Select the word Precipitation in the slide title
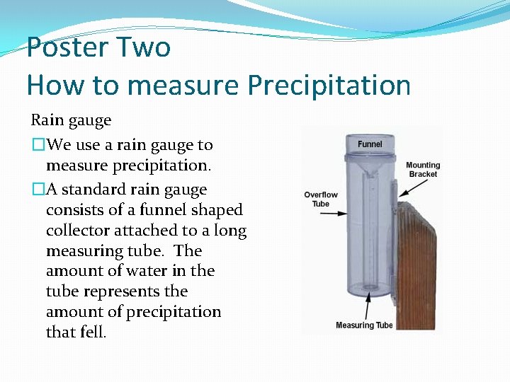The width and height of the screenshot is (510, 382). click(329, 85)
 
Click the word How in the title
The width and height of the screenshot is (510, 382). click(52, 85)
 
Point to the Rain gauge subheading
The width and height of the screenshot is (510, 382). click(71, 120)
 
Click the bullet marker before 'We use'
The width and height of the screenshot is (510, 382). click(38, 145)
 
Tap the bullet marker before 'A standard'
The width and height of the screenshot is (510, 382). click(38, 190)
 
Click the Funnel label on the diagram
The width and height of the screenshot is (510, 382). click(370, 144)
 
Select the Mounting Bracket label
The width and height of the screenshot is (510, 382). click(422, 170)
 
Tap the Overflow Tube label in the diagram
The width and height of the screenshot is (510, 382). click(321, 199)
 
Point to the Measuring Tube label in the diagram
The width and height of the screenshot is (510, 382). click(364, 325)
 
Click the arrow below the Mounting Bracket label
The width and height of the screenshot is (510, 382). click(416, 188)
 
